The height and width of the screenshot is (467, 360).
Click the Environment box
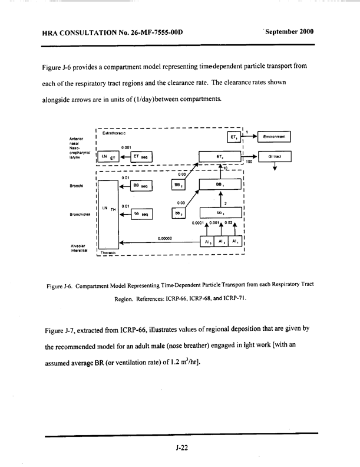275,137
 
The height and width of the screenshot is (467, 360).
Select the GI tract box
275,157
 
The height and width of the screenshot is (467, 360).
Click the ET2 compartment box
219,157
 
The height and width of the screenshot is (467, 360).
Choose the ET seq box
140,157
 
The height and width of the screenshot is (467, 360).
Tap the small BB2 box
178,185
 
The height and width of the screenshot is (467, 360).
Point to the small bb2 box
178,213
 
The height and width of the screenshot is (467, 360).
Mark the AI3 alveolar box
206,242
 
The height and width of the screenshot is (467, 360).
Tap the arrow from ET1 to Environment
250,137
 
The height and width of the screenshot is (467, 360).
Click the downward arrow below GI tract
275,168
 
